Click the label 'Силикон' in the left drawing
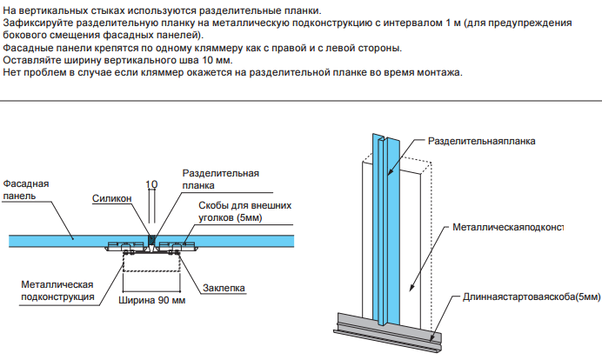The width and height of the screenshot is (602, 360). pyautogui.click(x=112, y=199)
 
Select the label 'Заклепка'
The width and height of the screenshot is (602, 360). pyautogui.click(x=224, y=288)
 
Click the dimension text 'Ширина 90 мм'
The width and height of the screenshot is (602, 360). pyautogui.click(x=151, y=302)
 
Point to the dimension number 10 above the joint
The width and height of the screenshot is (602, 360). pyautogui.click(x=151, y=184)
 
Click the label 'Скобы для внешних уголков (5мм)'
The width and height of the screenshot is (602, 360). pyautogui.click(x=239, y=210)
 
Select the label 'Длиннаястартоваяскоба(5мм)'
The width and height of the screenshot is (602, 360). pyautogui.click(x=531, y=297)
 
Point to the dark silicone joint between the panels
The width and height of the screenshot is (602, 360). pyautogui.click(x=151, y=237)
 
